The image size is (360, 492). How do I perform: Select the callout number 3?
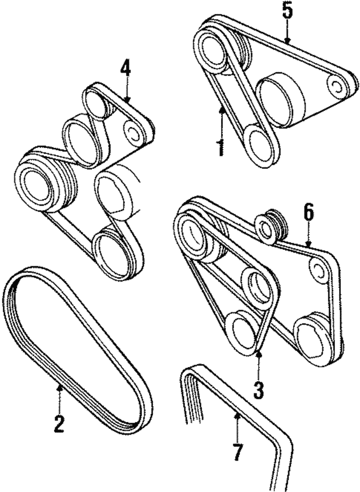pyautogui.click(x=258, y=388)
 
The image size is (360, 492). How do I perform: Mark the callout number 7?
pyautogui.click(x=238, y=452)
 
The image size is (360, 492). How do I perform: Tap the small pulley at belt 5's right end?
pyautogui.click(x=337, y=86)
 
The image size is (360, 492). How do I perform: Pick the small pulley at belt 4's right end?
pyautogui.click(x=135, y=133)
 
